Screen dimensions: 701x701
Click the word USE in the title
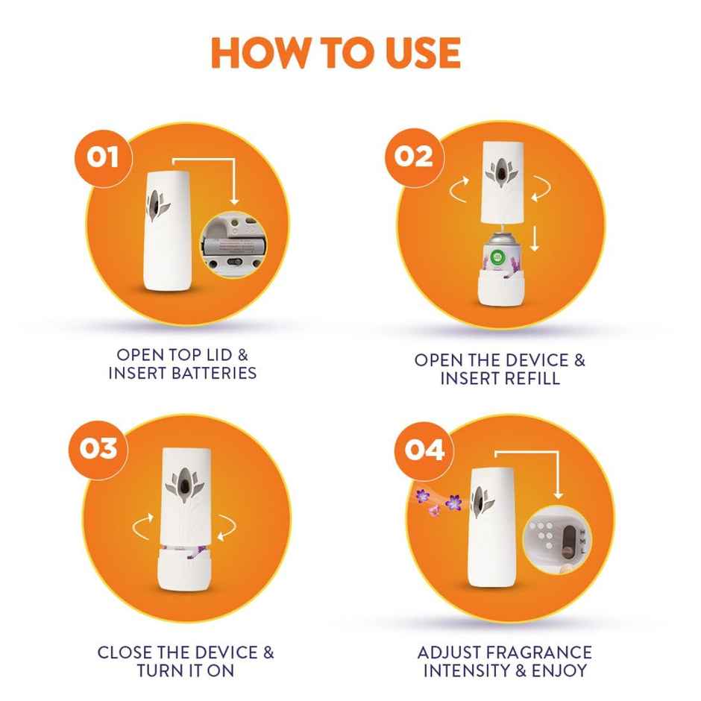point(419,52)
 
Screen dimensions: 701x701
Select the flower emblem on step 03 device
point(183,482)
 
